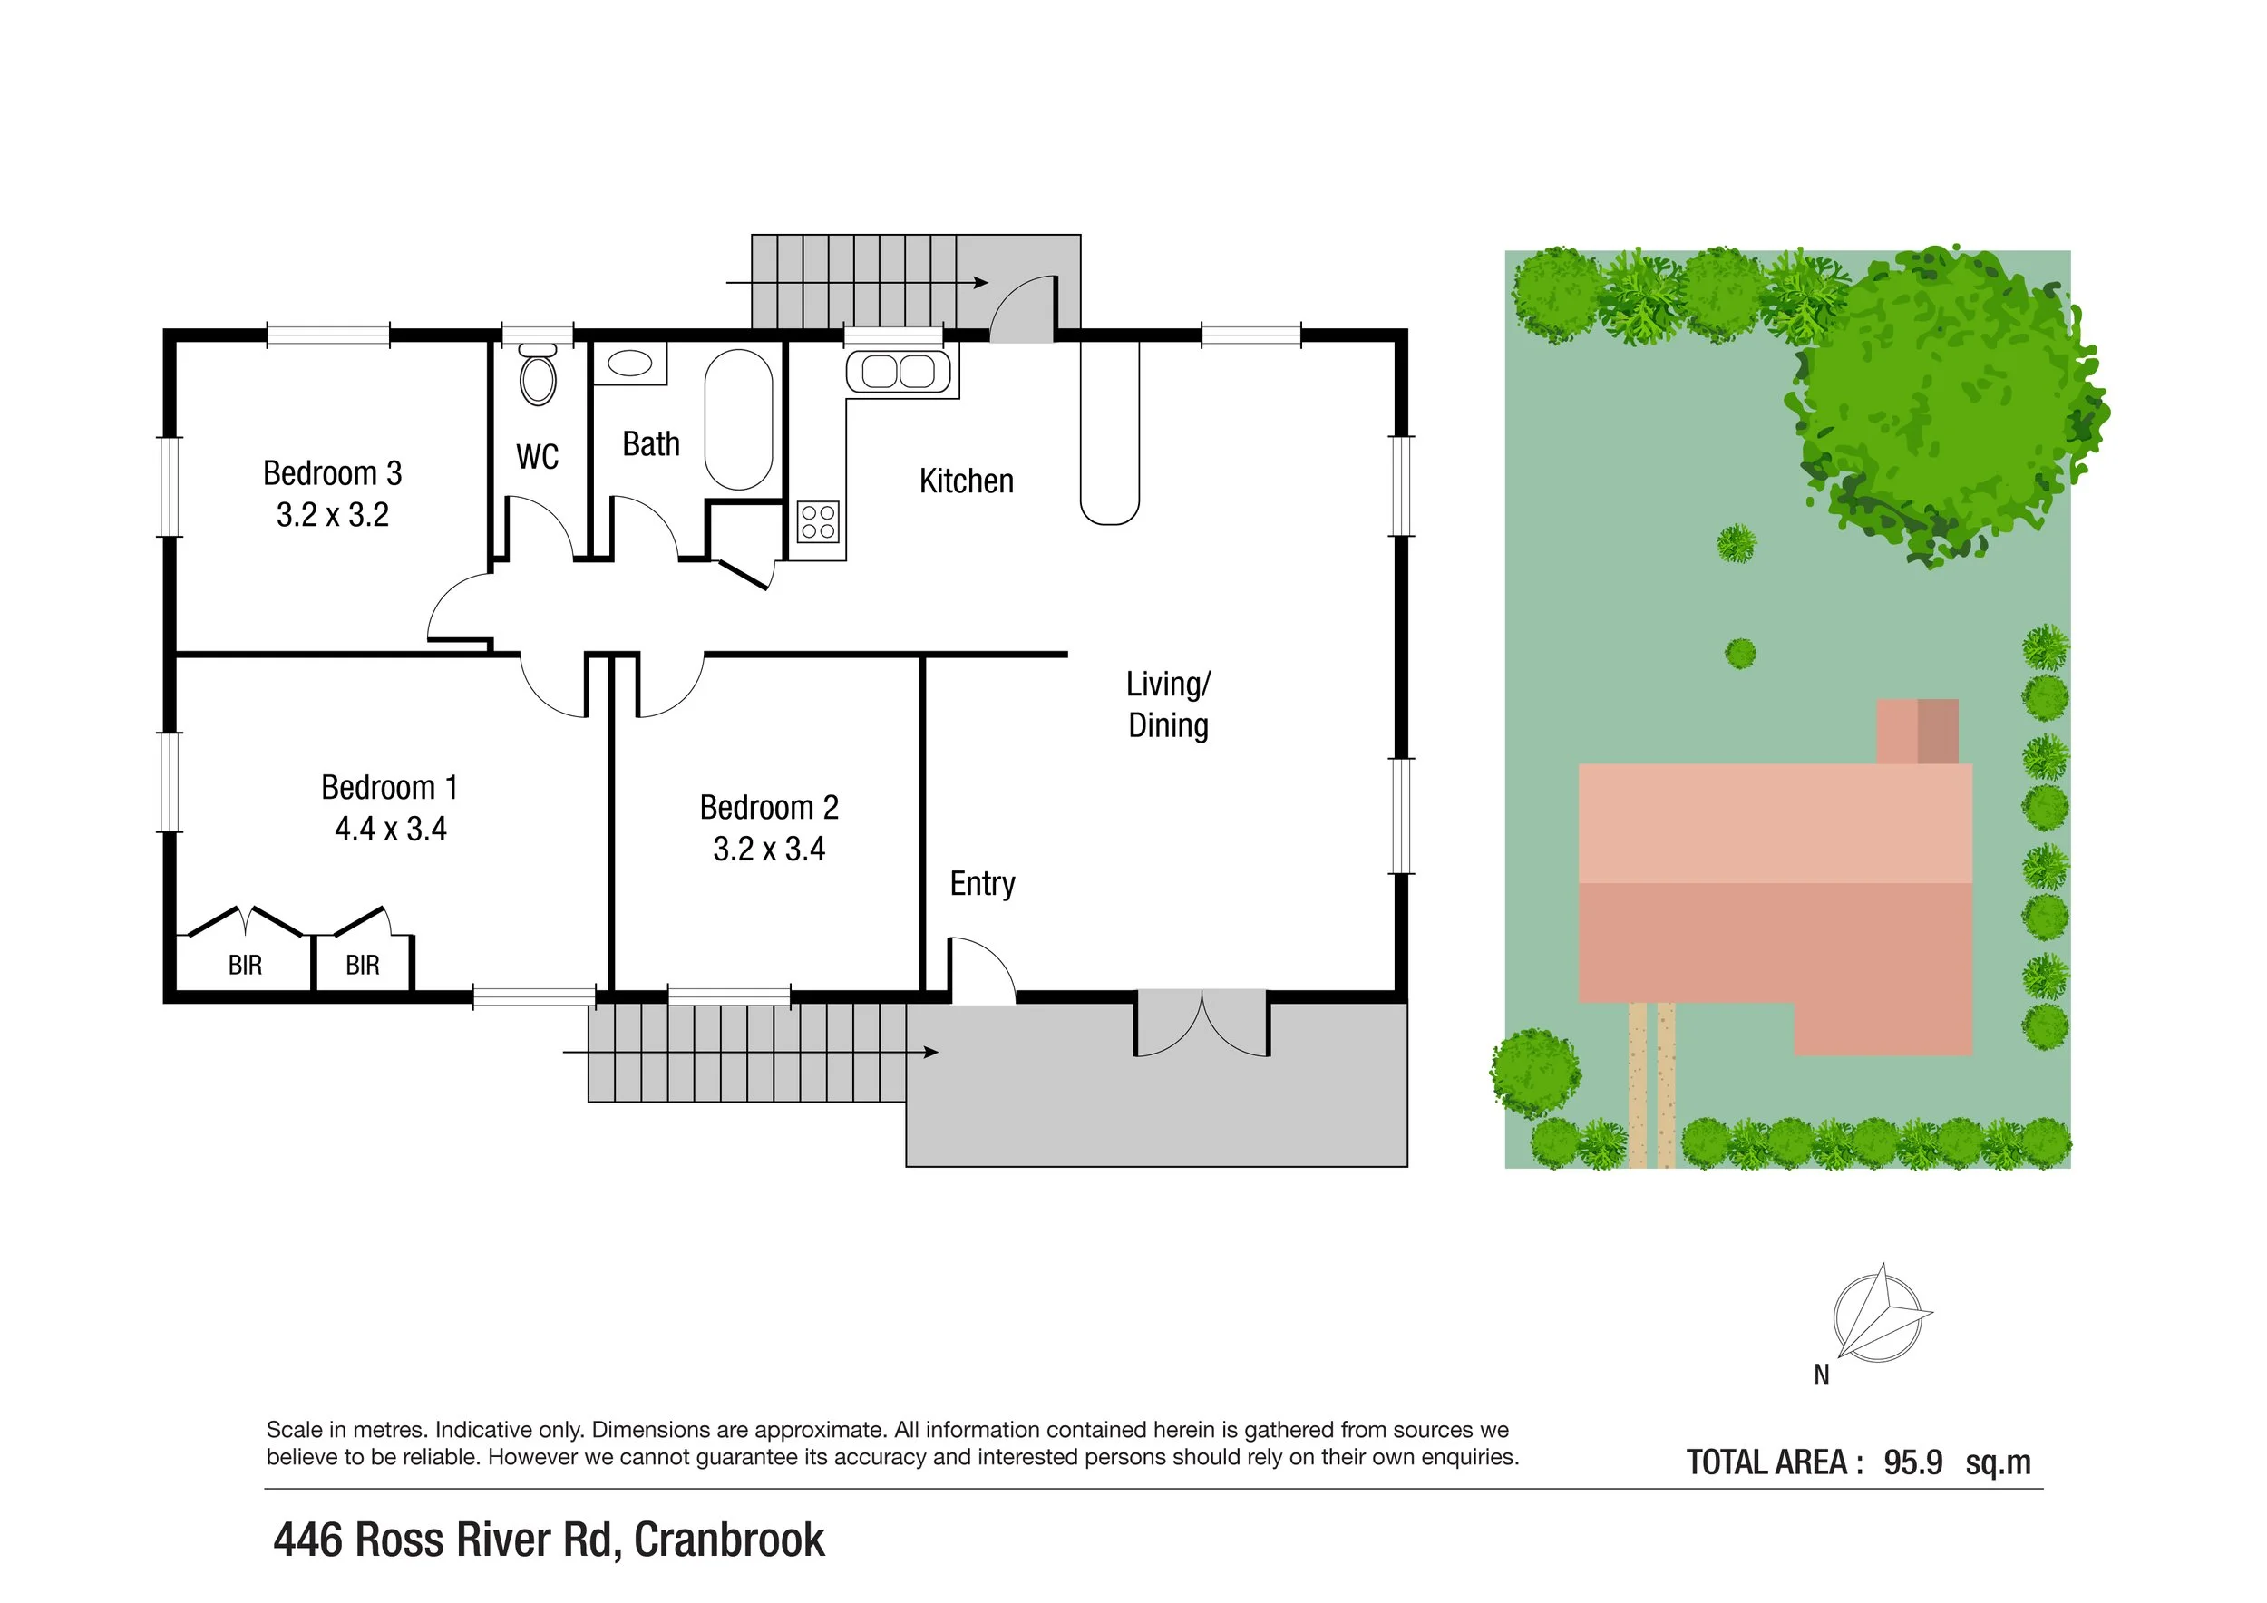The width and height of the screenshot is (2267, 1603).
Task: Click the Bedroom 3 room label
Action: pos(332,474)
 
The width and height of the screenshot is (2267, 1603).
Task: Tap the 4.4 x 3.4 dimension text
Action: pos(390,829)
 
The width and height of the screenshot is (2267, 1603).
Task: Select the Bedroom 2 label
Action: pos(768,808)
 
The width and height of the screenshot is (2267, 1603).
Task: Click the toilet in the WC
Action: pos(538,378)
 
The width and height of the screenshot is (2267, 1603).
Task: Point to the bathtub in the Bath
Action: pos(738,419)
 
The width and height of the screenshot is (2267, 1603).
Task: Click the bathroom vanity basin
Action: pos(630,364)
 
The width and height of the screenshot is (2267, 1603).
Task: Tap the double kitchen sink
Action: pos(898,372)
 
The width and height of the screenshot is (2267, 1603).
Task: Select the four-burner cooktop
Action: pos(819,522)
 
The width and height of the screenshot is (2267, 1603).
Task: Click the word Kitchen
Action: pos(966,481)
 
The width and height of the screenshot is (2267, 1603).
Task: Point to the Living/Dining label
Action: pos(1168,704)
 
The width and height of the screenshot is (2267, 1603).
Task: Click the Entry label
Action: pos(982,883)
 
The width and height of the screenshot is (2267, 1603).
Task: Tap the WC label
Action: pos(537,457)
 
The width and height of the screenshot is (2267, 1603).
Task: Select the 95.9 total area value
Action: pos(1912,1462)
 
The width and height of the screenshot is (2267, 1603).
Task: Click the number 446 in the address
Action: pos(307,1540)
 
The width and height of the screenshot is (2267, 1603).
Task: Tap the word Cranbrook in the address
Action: pos(729,1540)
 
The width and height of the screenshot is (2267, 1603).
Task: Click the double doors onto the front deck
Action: pos(1202,1023)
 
